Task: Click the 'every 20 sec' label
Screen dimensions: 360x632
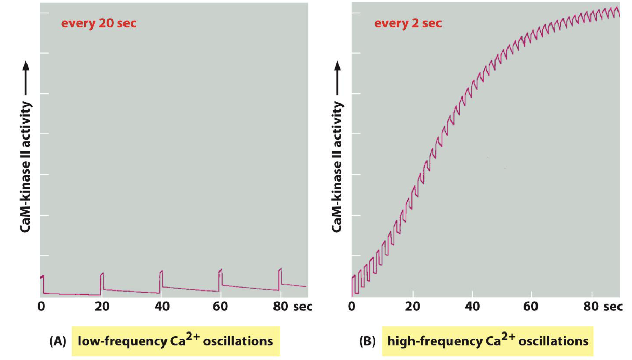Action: click(99, 23)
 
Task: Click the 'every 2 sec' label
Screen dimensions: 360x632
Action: click(408, 23)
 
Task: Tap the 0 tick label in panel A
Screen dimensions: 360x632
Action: click(41, 306)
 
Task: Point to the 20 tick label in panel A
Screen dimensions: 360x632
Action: click(101, 306)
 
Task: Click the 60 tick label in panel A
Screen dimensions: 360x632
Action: click(221, 306)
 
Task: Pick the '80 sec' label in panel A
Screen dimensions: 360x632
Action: click(293, 306)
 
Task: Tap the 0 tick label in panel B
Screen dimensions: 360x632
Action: click(352, 306)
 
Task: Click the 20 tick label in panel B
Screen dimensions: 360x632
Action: click(413, 306)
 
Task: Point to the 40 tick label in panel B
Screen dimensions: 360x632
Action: click(472, 306)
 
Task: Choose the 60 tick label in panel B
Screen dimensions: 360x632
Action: click(532, 306)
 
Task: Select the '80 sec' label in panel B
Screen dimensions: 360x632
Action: click(603, 306)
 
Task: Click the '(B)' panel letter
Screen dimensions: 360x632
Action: click(368, 342)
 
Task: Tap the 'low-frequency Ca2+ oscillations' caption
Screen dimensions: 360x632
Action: click(175, 341)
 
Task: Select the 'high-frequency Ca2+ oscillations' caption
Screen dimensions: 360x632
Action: click(488, 341)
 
